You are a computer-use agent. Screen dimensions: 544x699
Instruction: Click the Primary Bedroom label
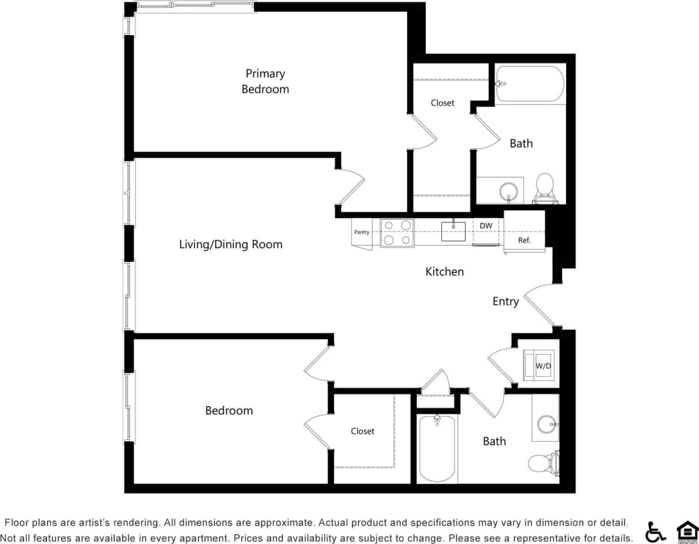[x=265, y=81]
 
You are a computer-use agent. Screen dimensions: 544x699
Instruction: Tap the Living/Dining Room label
[x=231, y=244]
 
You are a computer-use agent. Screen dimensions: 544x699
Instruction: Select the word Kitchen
[x=444, y=271]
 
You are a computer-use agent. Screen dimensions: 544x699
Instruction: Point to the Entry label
[x=505, y=301]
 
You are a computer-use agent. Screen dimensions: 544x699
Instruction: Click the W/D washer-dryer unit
[x=540, y=365]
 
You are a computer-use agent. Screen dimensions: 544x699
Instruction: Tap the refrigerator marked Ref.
[x=524, y=232]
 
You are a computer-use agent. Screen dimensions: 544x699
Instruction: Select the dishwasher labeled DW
[x=486, y=230]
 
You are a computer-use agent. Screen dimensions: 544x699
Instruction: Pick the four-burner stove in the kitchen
[x=397, y=233]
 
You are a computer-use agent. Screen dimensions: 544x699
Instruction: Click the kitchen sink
[x=453, y=231]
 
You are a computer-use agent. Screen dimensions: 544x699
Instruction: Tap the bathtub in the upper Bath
[x=530, y=83]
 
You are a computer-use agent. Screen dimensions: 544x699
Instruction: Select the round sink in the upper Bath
[x=509, y=190]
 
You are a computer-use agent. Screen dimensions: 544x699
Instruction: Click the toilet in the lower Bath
[x=542, y=463]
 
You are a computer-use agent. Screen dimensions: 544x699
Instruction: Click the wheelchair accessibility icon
[x=656, y=531]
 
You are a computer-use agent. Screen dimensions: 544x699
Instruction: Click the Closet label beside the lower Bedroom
[x=362, y=431]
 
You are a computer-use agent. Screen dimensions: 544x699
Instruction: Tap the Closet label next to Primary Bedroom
[x=443, y=103]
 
